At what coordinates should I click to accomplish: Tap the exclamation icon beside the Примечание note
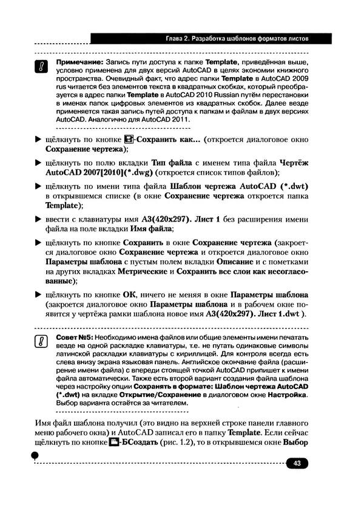click(41, 67)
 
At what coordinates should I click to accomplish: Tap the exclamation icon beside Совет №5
click(41, 342)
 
